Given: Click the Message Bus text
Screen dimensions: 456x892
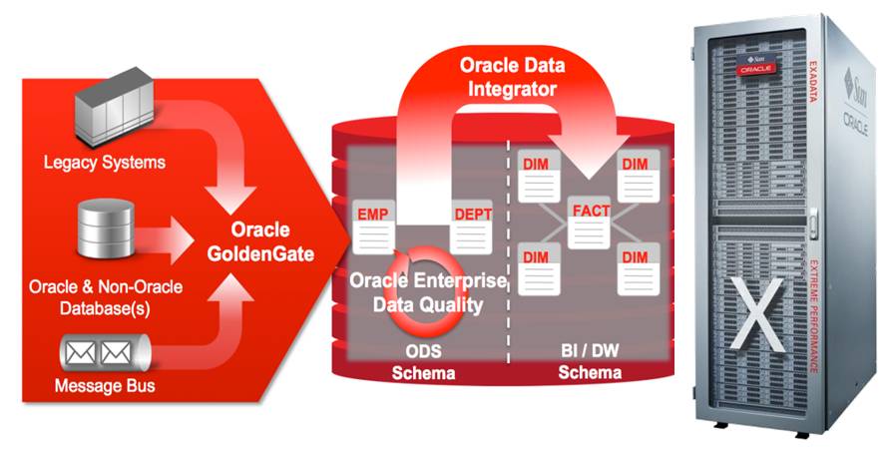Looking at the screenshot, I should (104, 385).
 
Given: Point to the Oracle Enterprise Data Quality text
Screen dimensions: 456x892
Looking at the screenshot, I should (428, 292).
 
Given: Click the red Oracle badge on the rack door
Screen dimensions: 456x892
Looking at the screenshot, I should (756, 69).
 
